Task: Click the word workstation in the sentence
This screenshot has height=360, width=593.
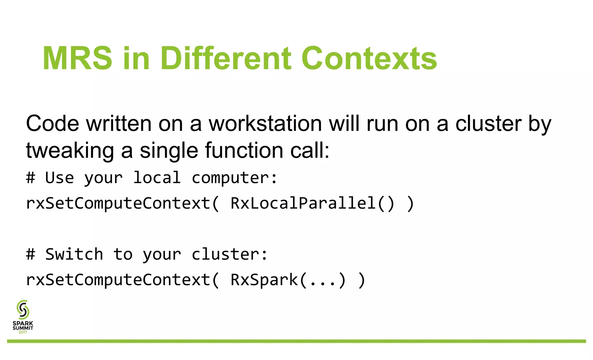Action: [x=265, y=124]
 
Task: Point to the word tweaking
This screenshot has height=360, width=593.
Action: [x=70, y=151]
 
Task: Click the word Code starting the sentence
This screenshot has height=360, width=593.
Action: [x=52, y=124]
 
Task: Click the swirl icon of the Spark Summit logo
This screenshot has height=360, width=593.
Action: [x=23, y=310]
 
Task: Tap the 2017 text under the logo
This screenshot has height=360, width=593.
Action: [x=23, y=332]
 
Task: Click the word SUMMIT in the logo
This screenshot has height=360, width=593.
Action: [x=23, y=328]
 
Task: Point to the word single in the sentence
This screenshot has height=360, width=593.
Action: [x=169, y=151]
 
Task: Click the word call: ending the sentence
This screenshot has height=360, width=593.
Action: [x=310, y=150]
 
